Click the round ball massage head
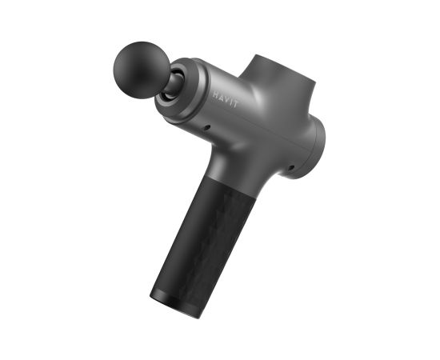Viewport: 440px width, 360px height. click(142, 70)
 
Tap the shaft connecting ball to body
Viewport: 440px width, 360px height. click(174, 84)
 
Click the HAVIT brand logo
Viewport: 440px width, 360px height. click(225, 99)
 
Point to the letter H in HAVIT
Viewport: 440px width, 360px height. click(216, 95)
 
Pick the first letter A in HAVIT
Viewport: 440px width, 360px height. click(221, 97)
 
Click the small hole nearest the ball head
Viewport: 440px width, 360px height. click(207, 128)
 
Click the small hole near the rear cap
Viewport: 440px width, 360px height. click(291, 168)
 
